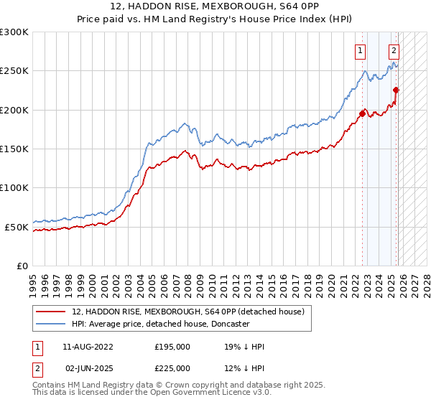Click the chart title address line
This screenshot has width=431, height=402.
coord(215,6)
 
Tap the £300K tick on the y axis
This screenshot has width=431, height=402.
coord(14,32)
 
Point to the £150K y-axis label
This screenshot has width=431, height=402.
coord(14,149)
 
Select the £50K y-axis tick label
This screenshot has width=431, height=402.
coord(17,227)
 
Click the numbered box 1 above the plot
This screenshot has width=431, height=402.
coord(359,50)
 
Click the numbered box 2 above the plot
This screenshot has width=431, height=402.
coord(394,50)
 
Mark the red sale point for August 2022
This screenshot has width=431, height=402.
coord(362,113)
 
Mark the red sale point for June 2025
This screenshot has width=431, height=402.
coord(396,90)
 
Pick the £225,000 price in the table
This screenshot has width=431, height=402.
coord(172,367)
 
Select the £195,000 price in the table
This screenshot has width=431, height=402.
coord(172,347)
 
